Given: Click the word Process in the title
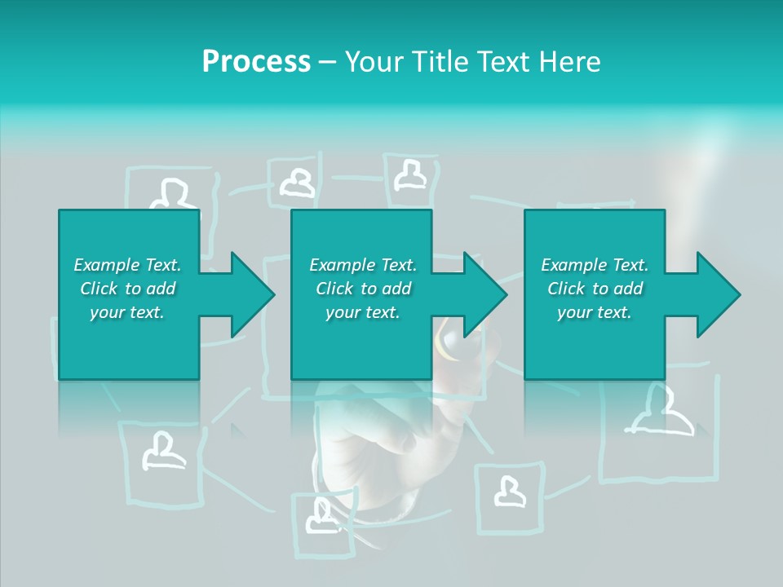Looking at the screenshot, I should pos(256,61).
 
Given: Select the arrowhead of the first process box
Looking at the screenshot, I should pos(253,294).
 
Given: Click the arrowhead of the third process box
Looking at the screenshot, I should pos(719,294).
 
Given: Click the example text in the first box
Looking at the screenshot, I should pos(128,289).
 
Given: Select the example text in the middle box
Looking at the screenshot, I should pos(363,289).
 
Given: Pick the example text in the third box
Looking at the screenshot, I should pos(595,289).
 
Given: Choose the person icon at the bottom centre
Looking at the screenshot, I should pos(321,516).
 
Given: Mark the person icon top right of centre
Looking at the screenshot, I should pos(410,174).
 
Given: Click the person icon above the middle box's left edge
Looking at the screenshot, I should pos(298,183).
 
